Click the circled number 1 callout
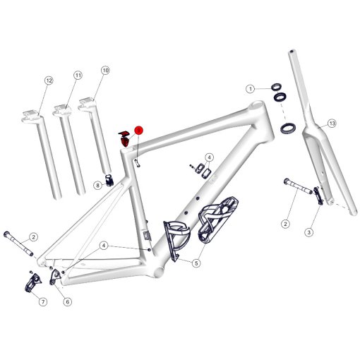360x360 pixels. click(250, 89)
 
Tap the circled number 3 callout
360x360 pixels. click(308, 232)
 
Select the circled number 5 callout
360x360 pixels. click(196, 263)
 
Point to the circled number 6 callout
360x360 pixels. click(68, 302)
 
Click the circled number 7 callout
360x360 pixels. click(42, 302)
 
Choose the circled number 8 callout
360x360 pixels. click(98, 185)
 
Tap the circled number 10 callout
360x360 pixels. click(106, 71)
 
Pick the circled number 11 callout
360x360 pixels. click(78, 75)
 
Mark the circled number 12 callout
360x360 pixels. click(49, 80)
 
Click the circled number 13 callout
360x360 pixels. click(331, 123)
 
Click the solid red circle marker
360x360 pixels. click(139, 131)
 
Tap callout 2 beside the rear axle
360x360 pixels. click(33, 236)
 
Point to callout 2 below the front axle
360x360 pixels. click(286, 224)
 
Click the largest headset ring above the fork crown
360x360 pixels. click(289, 128)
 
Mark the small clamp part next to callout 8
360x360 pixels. click(109, 179)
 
